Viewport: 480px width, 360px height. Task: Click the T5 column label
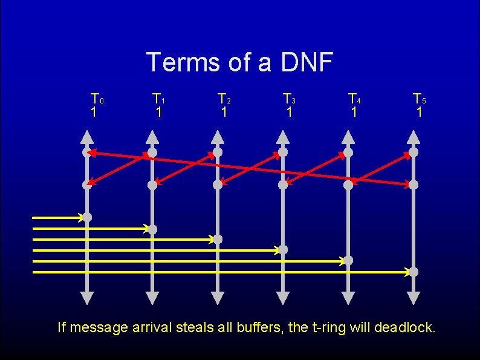419,98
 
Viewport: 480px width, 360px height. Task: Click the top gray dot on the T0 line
87,152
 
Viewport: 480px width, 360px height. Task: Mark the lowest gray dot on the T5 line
414,272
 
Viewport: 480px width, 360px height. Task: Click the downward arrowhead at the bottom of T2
218,298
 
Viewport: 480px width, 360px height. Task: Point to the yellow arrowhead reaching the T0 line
80,217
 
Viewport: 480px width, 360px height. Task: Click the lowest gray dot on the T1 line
152,229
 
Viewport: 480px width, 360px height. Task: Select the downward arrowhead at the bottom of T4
348,298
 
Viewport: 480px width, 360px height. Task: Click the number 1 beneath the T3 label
289,112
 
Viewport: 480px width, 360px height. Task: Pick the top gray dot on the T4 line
348,152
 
